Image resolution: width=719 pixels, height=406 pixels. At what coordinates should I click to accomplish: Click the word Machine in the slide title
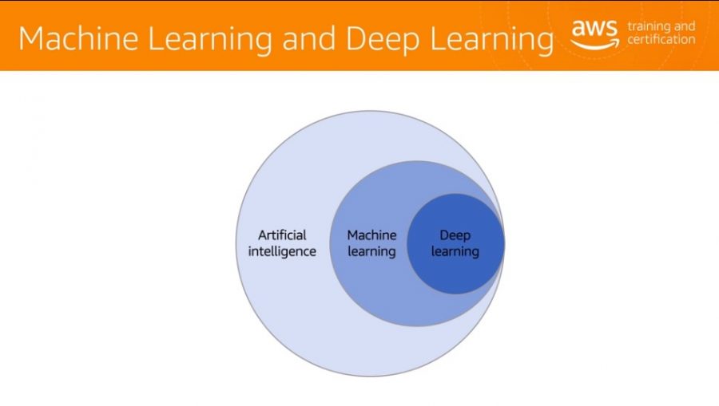tap(78, 38)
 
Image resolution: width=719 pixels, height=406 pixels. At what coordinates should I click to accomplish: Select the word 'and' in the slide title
tap(309, 38)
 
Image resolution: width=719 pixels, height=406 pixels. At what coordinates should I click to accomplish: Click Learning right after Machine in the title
tap(209, 40)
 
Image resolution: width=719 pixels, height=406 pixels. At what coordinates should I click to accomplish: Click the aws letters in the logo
tap(594, 29)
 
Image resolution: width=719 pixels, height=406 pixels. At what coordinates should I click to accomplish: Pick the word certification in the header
tap(661, 39)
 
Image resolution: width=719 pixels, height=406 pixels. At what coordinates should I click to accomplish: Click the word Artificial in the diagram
tap(282, 235)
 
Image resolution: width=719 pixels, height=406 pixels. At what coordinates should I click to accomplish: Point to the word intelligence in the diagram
tap(282, 252)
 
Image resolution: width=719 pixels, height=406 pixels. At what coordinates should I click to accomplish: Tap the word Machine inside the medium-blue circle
tap(371, 235)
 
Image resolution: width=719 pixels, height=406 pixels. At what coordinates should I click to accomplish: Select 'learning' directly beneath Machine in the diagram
tap(371, 252)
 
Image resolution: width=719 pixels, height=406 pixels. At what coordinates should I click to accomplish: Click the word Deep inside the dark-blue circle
tap(455, 236)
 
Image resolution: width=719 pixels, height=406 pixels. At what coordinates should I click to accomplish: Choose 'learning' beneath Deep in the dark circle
tap(455, 252)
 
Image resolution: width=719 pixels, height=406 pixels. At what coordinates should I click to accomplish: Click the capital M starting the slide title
tap(30, 38)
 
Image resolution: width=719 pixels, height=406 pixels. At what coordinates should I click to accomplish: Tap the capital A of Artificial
tap(263, 235)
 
